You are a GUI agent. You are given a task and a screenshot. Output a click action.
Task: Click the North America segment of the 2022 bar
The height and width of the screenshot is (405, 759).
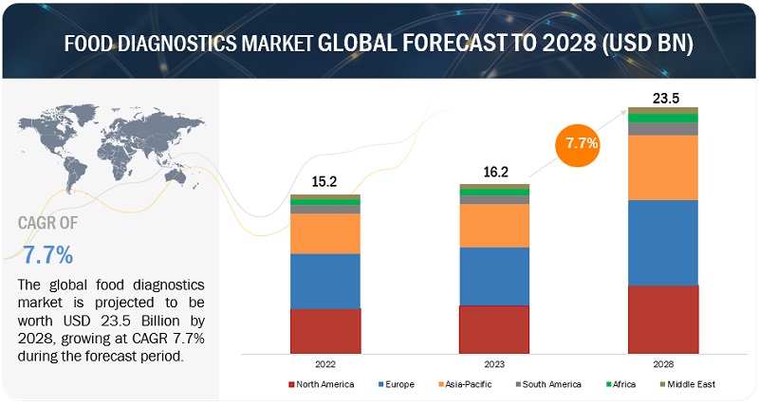(x=325, y=330)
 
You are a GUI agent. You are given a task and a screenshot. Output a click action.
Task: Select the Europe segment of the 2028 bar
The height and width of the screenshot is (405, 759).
(x=663, y=242)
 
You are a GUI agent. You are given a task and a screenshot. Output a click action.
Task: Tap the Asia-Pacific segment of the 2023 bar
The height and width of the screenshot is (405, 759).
(x=494, y=226)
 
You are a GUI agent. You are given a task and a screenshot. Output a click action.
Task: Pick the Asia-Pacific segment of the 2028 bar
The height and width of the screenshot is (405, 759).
(x=663, y=167)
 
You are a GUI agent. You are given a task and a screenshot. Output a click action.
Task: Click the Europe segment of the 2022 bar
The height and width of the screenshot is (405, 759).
(x=325, y=281)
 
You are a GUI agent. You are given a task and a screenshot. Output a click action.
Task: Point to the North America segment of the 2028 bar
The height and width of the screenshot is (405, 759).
(x=663, y=318)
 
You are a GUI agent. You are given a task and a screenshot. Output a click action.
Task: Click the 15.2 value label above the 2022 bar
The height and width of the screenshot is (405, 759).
(x=325, y=182)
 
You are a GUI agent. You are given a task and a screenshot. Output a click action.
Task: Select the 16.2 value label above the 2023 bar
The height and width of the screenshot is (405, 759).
(x=494, y=172)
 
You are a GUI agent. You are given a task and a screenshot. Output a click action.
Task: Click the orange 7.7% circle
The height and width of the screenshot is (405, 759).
(x=582, y=144)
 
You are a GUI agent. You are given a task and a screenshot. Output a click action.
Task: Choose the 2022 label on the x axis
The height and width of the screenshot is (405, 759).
(x=325, y=363)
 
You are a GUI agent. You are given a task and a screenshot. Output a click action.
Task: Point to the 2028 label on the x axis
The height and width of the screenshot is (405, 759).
(x=663, y=363)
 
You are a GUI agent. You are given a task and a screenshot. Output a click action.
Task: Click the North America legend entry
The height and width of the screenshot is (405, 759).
(x=321, y=384)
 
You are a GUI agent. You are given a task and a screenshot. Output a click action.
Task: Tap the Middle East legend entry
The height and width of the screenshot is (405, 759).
(x=688, y=384)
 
